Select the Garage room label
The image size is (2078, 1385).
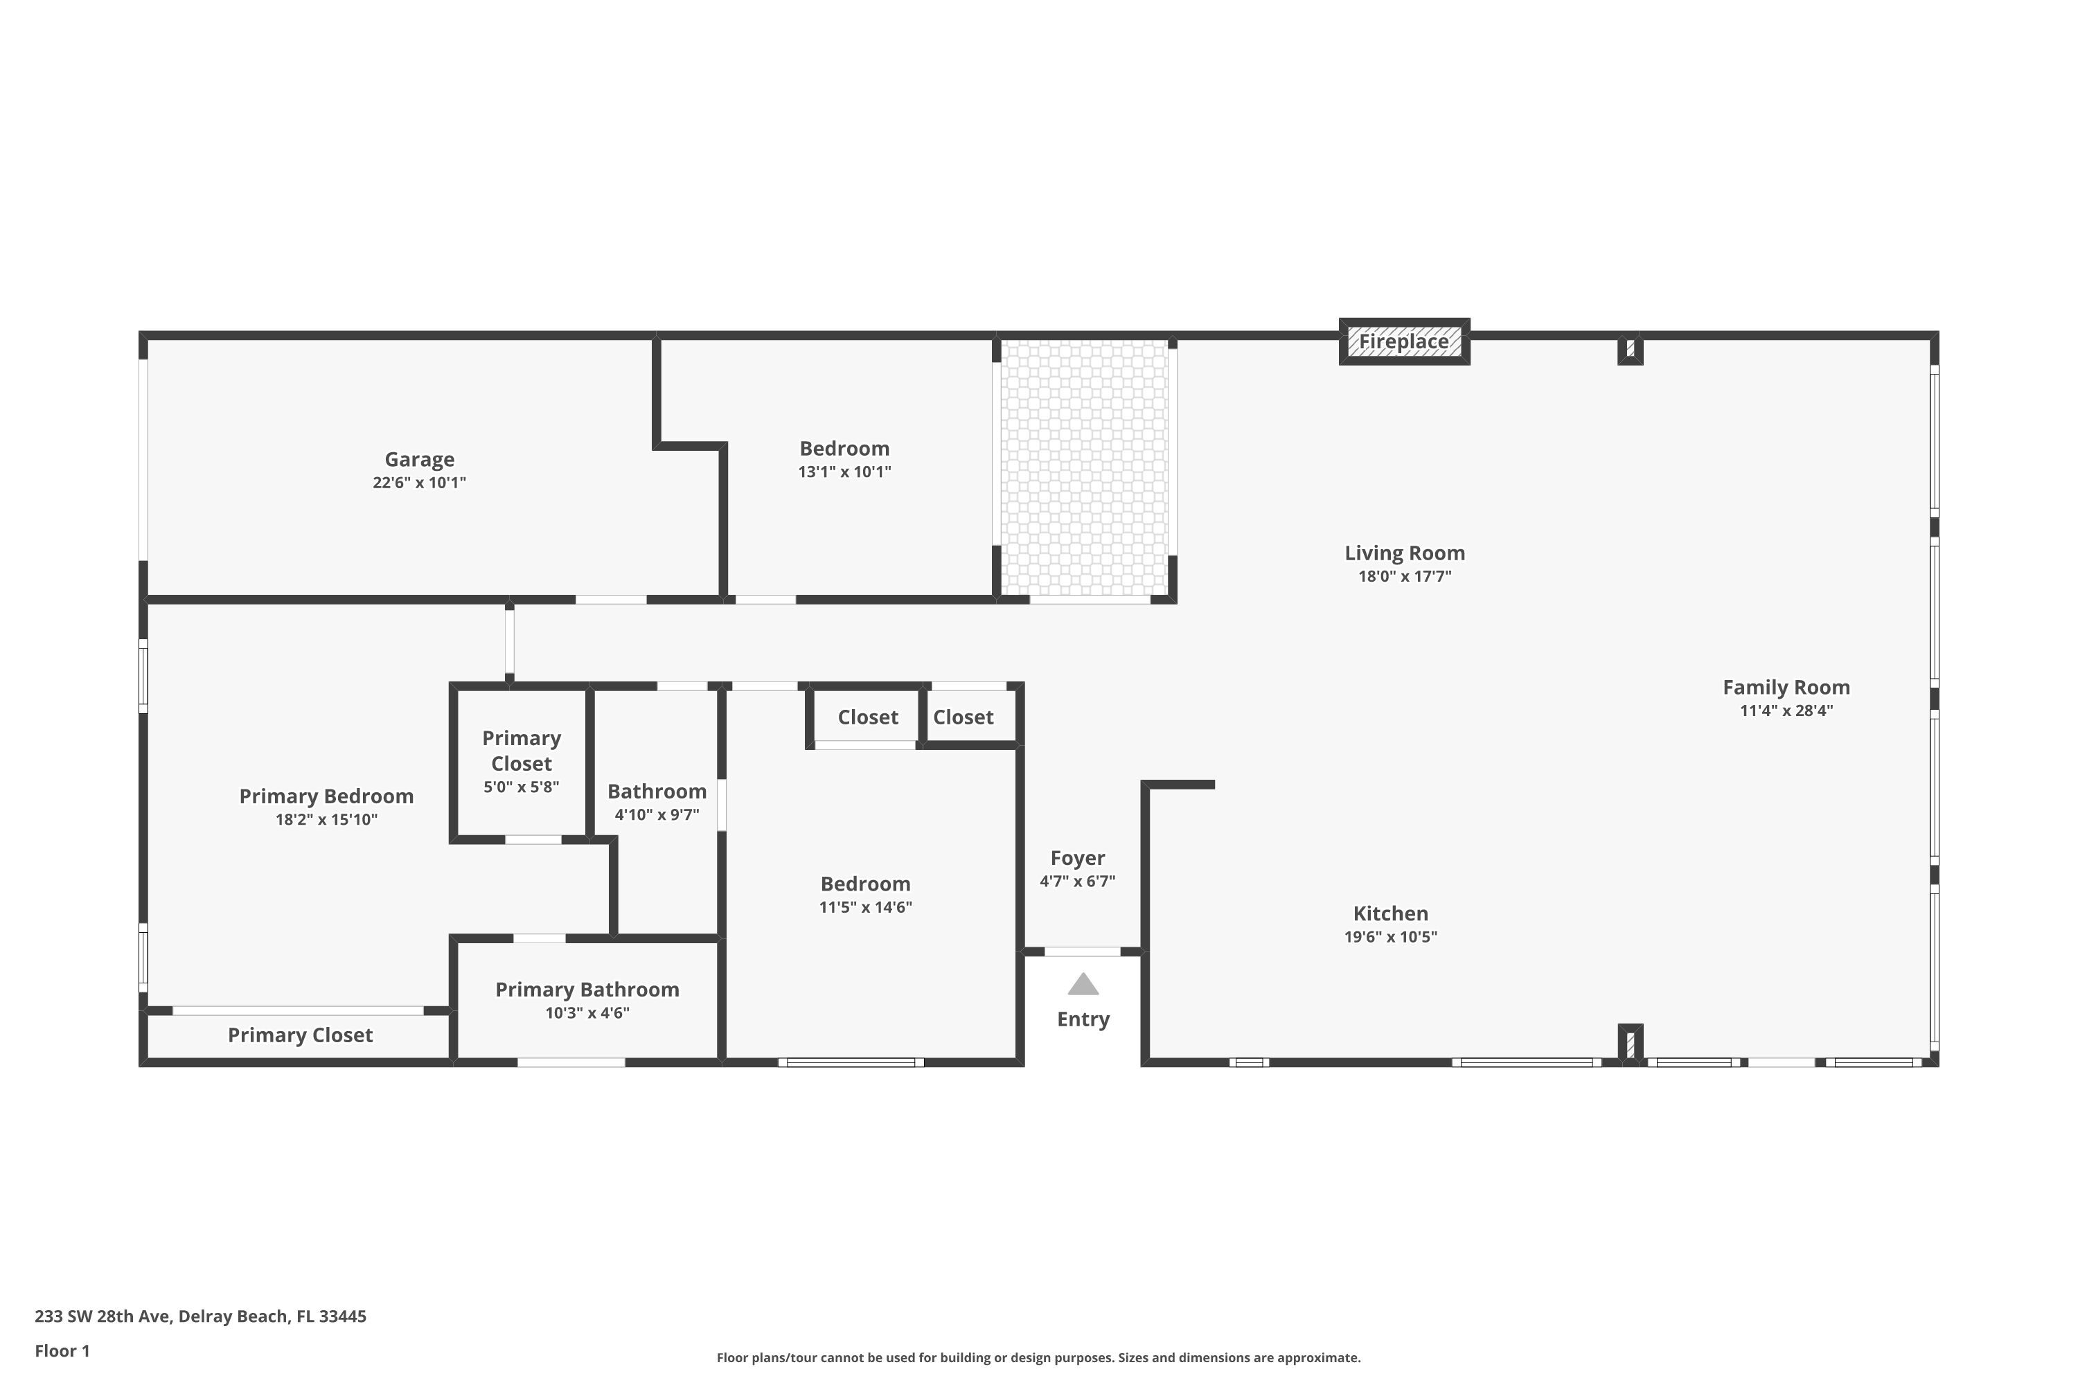pos(419,459)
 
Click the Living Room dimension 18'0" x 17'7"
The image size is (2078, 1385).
pos(1404,577)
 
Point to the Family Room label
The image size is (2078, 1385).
pos(1786,687)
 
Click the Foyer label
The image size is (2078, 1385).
pos(1077,858)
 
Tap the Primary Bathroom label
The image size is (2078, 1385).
pos(587,990)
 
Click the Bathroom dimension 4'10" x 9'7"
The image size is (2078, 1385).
pos(657,815)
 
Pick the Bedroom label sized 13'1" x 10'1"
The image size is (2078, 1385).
pos(844,449)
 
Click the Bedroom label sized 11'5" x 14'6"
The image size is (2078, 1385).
pos(865,884)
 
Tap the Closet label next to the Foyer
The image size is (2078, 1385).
pos(963,717)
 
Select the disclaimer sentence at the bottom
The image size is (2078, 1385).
pos(1038,1357)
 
